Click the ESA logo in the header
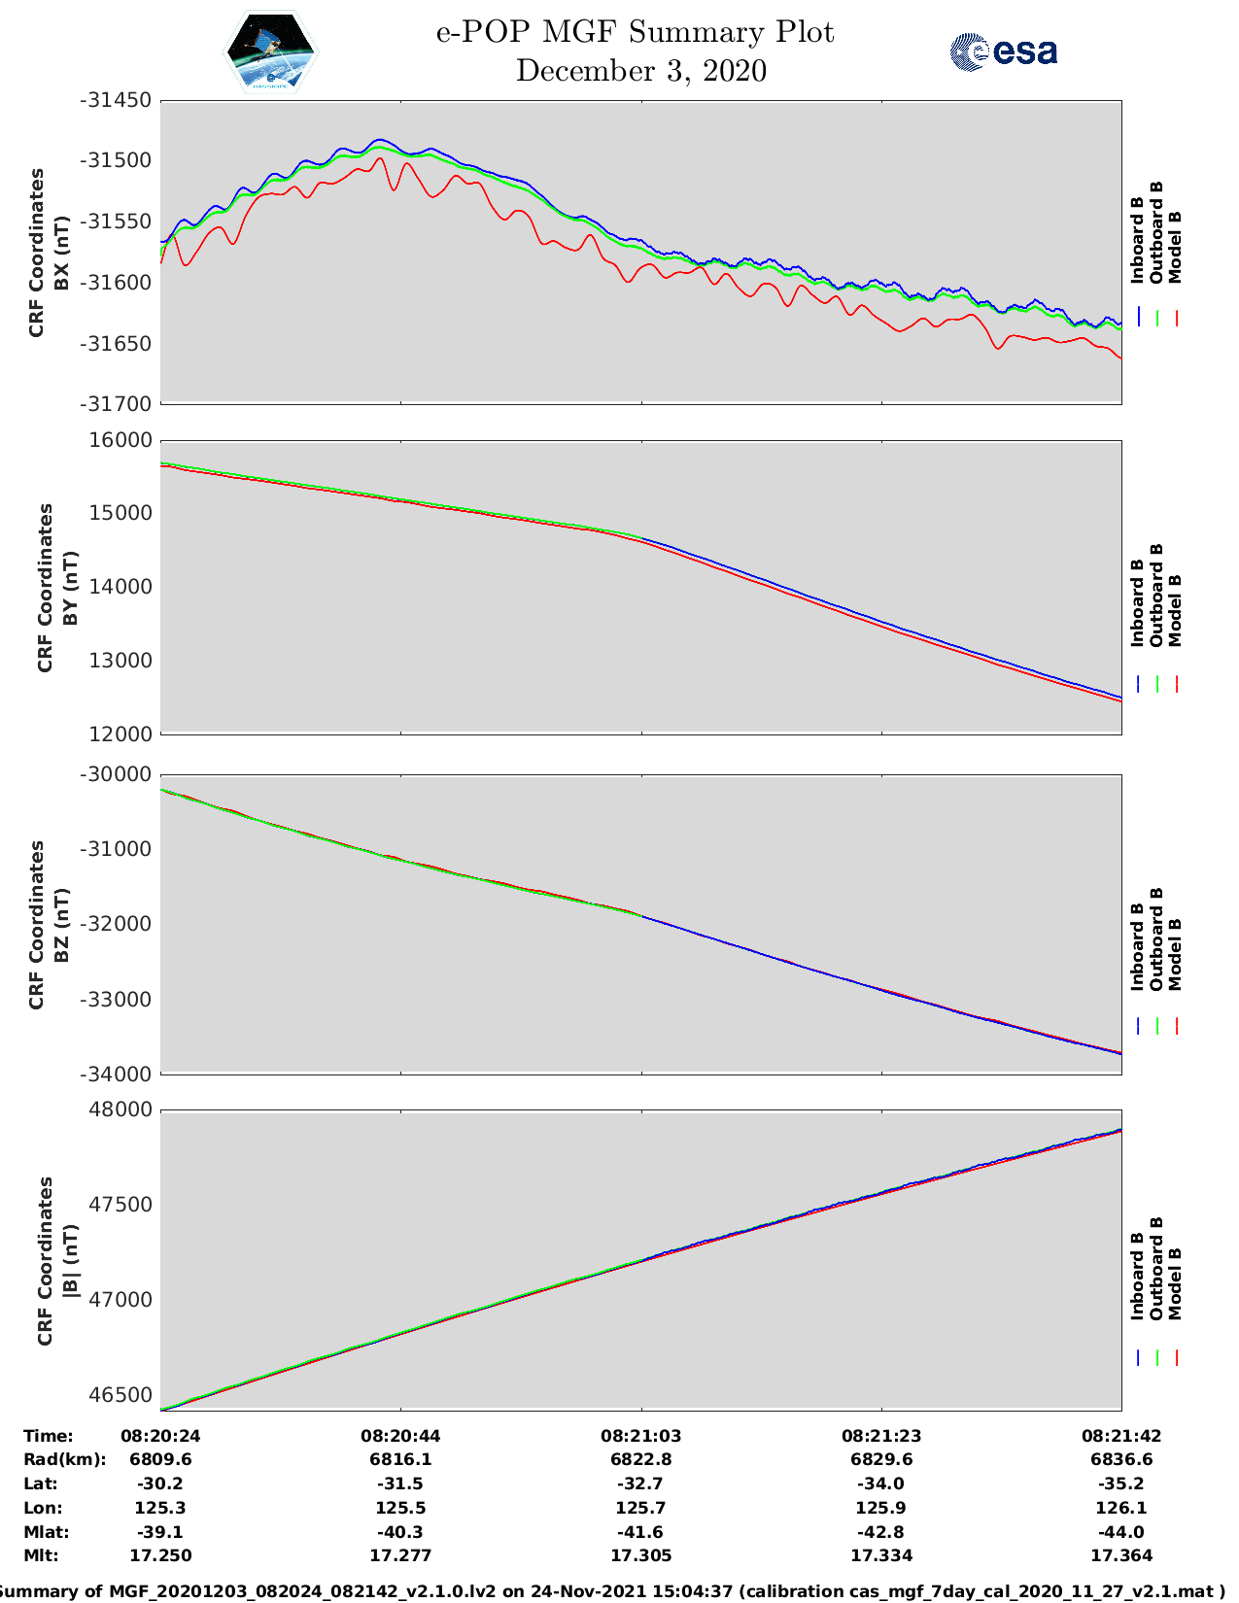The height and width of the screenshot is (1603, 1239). [x=1004, y=51]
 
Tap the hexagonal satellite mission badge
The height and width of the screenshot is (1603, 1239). [x=271, y=52]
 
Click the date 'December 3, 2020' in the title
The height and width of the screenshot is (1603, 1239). [x=640, y=71]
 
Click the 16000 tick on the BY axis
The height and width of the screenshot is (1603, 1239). [x=121, y=440]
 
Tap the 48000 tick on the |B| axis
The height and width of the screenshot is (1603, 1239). [x=121, y=1109]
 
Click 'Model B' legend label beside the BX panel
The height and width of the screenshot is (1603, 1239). [x=1174, y=248]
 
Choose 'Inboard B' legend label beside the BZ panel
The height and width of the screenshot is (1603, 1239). [x=1137, y=947]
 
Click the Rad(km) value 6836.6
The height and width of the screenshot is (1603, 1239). [x=1120, y=1459]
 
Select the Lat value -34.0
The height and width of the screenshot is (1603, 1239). [x=880, y=1484]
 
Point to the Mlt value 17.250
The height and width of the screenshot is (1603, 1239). [x=160, y=1555]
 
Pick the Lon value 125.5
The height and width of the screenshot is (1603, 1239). [x=400, y=1508]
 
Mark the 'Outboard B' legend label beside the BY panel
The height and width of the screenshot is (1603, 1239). [x=1155, y=595]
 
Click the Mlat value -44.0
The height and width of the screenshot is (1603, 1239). [x=1120, y=1532]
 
